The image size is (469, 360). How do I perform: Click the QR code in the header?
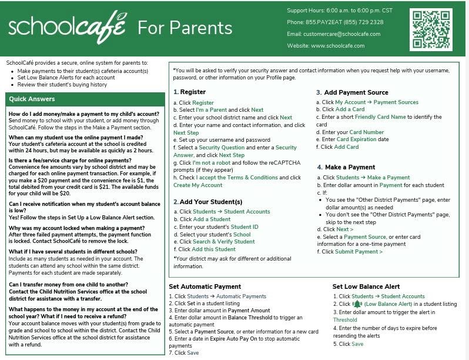click(431, 29)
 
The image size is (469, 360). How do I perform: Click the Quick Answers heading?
click(32, 99)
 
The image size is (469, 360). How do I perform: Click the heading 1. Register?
click(189, 92)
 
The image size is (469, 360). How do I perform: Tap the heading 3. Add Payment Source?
click(352, 92)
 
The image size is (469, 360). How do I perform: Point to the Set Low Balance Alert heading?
click(366, 286)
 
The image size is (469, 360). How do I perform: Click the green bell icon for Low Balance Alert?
click(357, 304)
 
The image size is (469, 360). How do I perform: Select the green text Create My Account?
click(198, 185)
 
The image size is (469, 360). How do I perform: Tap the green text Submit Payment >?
click(359, 252)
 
